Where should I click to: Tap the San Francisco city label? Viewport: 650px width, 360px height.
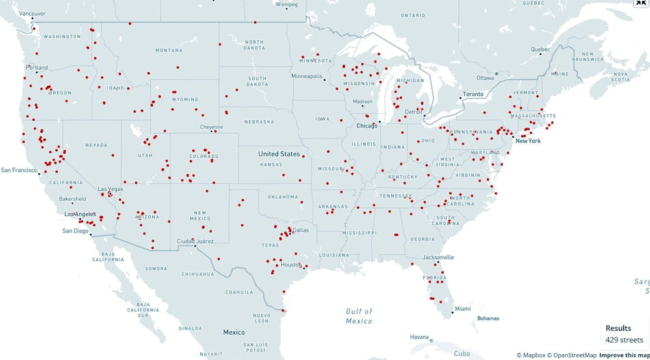(x=19, y=170)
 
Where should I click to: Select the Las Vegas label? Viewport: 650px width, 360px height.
(x=110, y=189)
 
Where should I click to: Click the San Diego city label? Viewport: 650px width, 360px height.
(x=75, y=231)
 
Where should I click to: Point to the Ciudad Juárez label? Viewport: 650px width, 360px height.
(x=195, y=241)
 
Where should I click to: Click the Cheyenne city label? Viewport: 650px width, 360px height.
(x=211, y=127)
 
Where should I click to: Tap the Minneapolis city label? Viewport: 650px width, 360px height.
(x=307, y=76)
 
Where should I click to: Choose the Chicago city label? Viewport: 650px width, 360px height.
(x=367, y=125)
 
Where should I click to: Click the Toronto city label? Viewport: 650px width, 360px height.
(x=473, y=94)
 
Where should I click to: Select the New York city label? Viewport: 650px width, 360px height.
(x=528, y=140)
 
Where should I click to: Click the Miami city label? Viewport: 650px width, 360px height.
(x=463, y=308)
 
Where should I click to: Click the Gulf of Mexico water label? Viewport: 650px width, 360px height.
(x=359, y=316)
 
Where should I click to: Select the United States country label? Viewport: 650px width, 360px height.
(x=279, y=154)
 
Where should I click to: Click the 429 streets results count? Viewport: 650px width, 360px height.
(x=624, y=340)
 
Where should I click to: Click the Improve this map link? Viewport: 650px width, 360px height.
(x=623, y=355)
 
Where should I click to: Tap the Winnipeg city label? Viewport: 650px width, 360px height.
(x=286, y=4)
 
